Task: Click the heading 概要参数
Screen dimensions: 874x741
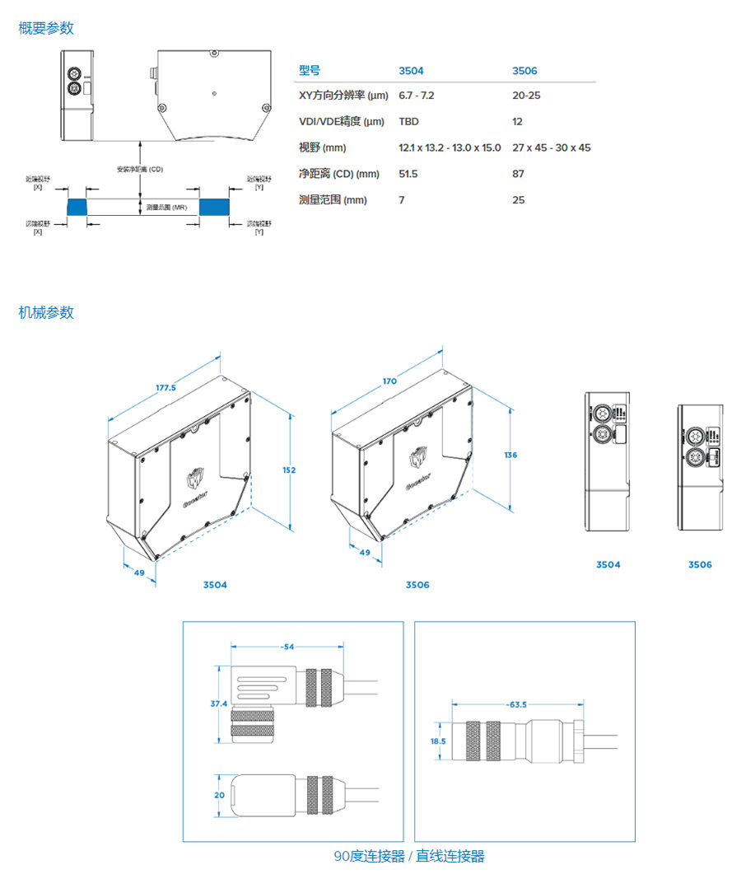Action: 46,28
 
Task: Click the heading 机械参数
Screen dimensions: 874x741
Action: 46,312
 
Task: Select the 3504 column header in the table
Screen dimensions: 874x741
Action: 411,71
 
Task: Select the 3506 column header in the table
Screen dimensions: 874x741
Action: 524,71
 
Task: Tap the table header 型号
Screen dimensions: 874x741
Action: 310,71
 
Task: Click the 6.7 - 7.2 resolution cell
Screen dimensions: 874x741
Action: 417,96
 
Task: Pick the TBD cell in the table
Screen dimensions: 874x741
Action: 408,122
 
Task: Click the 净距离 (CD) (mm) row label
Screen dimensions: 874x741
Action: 338,174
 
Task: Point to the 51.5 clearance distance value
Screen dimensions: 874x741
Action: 408,174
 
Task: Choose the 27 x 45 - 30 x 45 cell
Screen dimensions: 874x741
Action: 552,148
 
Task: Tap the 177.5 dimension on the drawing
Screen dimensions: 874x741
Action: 165,388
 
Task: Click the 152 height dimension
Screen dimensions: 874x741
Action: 289,470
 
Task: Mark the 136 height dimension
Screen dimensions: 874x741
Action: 510,455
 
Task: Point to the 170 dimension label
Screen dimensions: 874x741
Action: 389,381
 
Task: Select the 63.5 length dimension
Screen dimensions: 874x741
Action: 517,704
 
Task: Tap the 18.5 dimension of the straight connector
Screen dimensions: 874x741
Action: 437,741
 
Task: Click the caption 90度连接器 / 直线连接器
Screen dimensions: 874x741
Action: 409,856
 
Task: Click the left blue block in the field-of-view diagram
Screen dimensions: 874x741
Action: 76,206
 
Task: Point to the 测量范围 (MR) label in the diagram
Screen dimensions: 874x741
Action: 166,208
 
